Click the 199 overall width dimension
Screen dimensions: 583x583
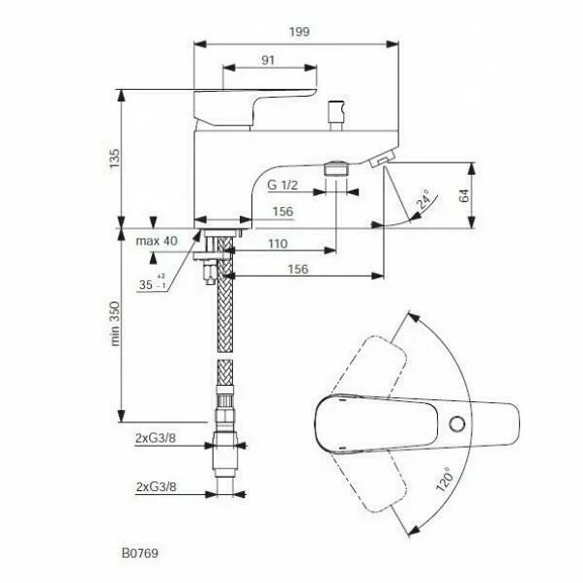tap(300, 32)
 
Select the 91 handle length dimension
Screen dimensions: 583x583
tap(268, 60)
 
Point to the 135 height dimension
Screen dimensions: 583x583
tap(115, 159)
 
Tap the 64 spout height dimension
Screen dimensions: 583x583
tap(464, 195)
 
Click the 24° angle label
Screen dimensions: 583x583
tap(423, 201)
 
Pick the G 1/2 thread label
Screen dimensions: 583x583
tap(282, 185)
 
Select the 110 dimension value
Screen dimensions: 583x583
tap(277, 244)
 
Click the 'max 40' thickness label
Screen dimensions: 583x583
tap(157, 241)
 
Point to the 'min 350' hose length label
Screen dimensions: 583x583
tap(115, 324)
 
